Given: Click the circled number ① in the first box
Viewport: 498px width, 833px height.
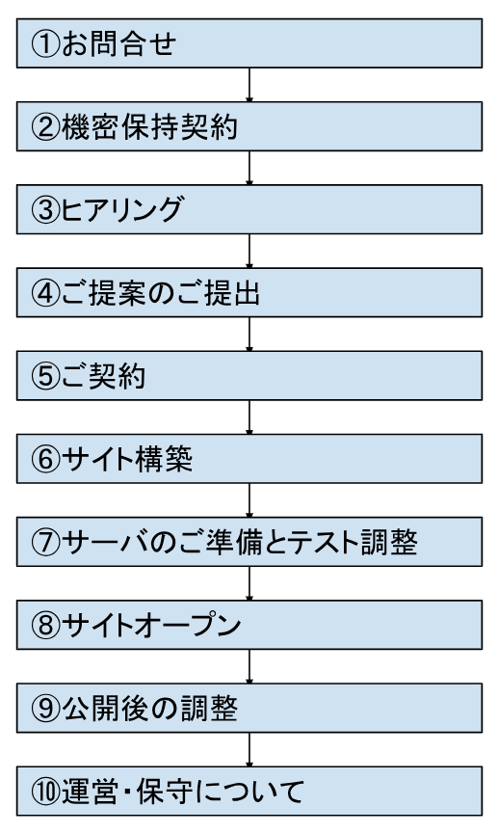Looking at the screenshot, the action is [45, 43].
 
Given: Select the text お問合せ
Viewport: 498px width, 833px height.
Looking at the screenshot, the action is [118, 43].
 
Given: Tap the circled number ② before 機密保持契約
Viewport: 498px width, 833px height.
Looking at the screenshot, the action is [45, 127].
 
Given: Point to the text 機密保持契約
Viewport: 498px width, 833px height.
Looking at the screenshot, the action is [149, 127].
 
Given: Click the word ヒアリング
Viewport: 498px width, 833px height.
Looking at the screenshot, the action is [121, 210].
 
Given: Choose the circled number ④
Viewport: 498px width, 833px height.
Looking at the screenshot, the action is [45, 293].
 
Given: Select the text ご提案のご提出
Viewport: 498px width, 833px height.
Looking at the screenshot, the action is [160, 293].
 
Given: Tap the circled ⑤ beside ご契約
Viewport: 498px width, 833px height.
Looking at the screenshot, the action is [45, 376].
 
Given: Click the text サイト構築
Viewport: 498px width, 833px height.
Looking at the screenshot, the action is [126, 459].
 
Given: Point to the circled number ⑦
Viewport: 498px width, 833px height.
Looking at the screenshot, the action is [45, 543].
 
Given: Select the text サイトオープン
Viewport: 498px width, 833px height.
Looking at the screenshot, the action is [151, 626].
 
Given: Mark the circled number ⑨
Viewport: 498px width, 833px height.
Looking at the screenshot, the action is [45, 709].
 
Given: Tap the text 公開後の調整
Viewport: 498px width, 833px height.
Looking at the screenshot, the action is [149, 709].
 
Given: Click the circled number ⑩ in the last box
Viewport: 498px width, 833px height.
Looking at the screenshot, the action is [45, 792].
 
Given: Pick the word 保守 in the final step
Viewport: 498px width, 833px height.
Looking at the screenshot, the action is [164, 792].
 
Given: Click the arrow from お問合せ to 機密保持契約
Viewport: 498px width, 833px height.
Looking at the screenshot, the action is [249, 85].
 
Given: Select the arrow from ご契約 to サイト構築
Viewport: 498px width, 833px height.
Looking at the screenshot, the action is [249, 417].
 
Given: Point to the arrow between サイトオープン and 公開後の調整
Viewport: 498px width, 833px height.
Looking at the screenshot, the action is [249, 666].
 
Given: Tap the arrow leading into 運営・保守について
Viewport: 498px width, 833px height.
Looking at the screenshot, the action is [249, 749].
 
